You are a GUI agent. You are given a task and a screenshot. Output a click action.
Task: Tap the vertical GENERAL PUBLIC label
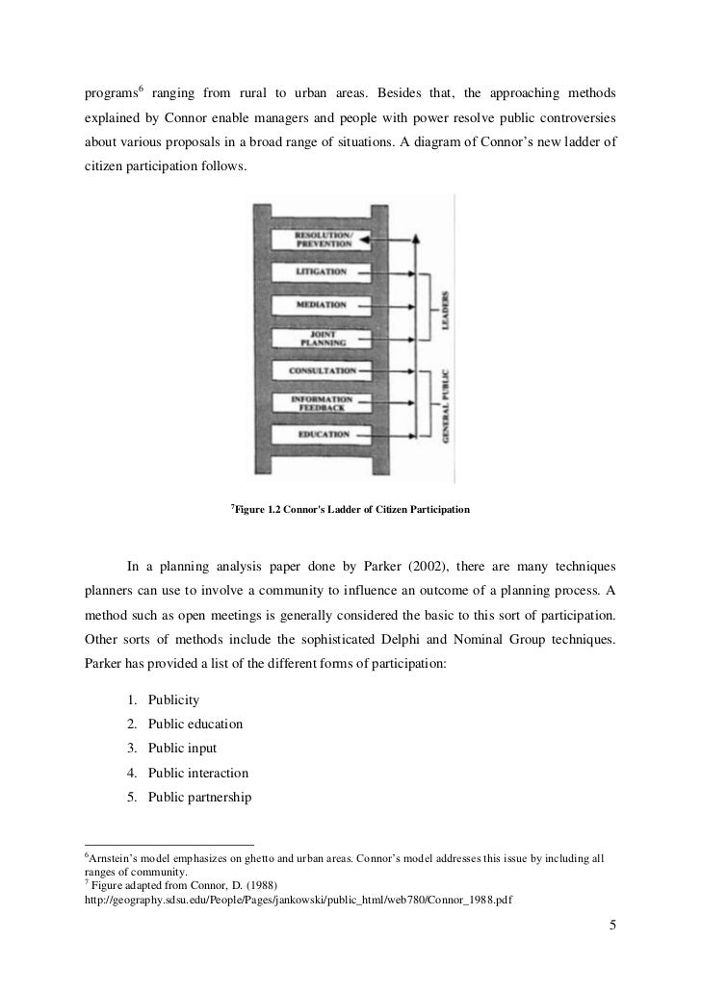tap(446, 404)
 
